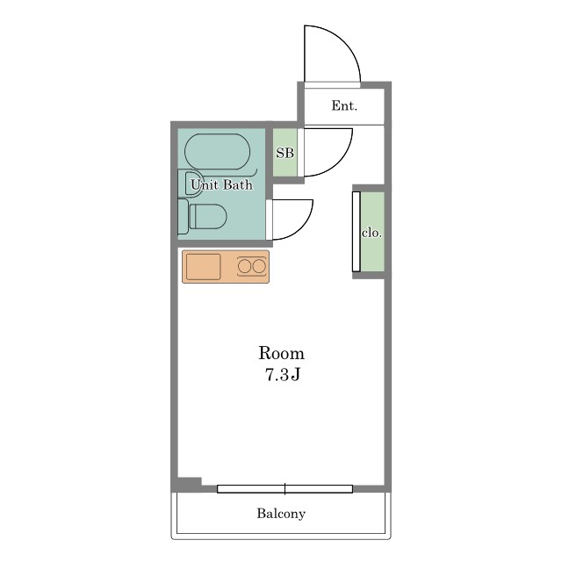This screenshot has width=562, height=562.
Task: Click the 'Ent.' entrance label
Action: coord(344,105)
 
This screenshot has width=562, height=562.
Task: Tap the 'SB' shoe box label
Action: coord(285,153)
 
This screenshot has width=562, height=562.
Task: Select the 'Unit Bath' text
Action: coord(221,185)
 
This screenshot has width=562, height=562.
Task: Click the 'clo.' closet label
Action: coord(371,233)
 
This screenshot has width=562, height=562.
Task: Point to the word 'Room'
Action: coord(281,353)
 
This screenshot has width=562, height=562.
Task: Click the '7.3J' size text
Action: coord(283,375)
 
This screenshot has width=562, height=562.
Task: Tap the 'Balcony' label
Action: coord(281,514)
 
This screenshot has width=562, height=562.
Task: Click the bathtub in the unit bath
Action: coord(217,151)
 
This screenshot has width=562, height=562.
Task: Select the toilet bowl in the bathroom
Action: coord(208,217)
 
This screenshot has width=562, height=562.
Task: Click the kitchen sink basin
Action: coord(203,266)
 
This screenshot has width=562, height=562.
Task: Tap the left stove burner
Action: coord(245,266)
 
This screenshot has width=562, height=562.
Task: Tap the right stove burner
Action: coord(259,266)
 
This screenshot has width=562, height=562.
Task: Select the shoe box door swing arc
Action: coord(340,163)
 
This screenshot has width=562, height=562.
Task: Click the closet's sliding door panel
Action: coord(357,232)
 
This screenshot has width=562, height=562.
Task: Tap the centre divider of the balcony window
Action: coord(285,489)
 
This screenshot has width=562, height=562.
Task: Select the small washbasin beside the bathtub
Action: coord(191,184)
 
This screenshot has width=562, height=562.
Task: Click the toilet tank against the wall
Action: coord(184,217)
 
